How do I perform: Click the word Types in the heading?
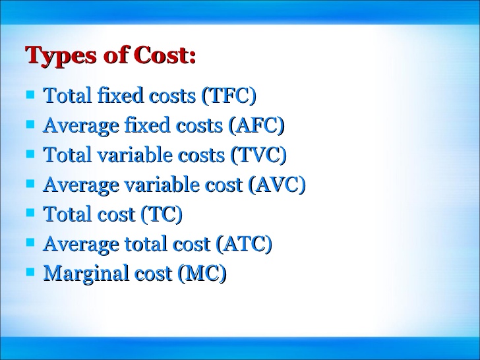60,57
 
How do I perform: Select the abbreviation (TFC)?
228,96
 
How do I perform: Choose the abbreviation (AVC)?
277,185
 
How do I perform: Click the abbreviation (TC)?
160,215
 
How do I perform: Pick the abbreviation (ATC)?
244,245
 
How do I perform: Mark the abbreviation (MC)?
202,274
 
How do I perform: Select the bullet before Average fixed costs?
30,124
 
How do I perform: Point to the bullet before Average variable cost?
30,183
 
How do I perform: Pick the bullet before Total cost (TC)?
30,213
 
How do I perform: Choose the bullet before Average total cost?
30,243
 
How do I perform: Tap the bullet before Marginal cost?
30,272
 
